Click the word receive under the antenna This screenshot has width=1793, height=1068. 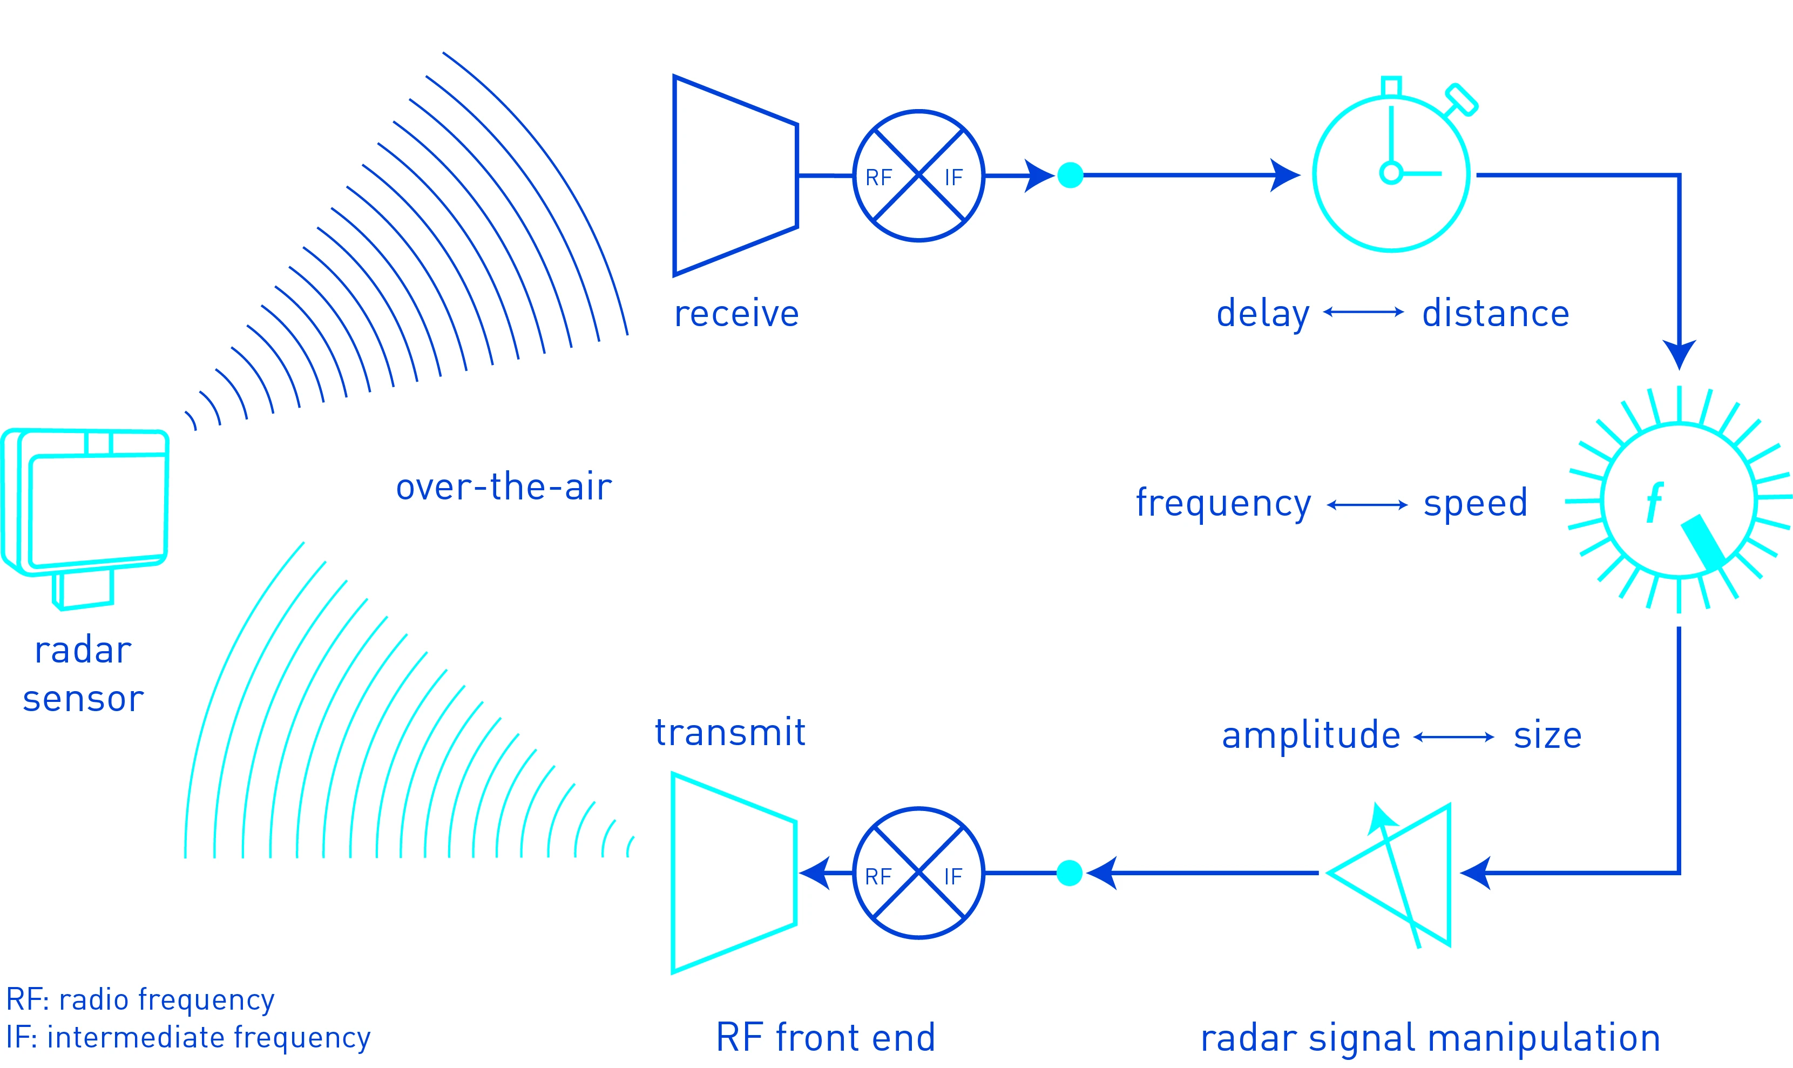pos(736,314)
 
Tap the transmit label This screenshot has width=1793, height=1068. pos(729,733)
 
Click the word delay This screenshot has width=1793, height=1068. pos(1263,314)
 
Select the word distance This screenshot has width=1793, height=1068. pos(1495,314)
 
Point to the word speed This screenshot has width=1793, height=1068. pos(1475,502)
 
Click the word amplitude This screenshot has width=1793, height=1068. pos(1311,735)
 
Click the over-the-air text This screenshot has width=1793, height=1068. pos(504,486)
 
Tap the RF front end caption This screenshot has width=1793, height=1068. pos(826,1037)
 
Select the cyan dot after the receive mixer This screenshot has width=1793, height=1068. pos(1070,175)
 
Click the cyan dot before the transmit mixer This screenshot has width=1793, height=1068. pos(1069,873)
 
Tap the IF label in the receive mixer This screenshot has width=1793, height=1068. pos(953,178)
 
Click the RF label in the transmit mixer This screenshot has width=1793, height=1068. pos(878,876)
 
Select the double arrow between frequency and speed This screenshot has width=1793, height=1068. pos(1366,505)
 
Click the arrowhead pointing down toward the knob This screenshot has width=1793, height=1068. pos(1679,354)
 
